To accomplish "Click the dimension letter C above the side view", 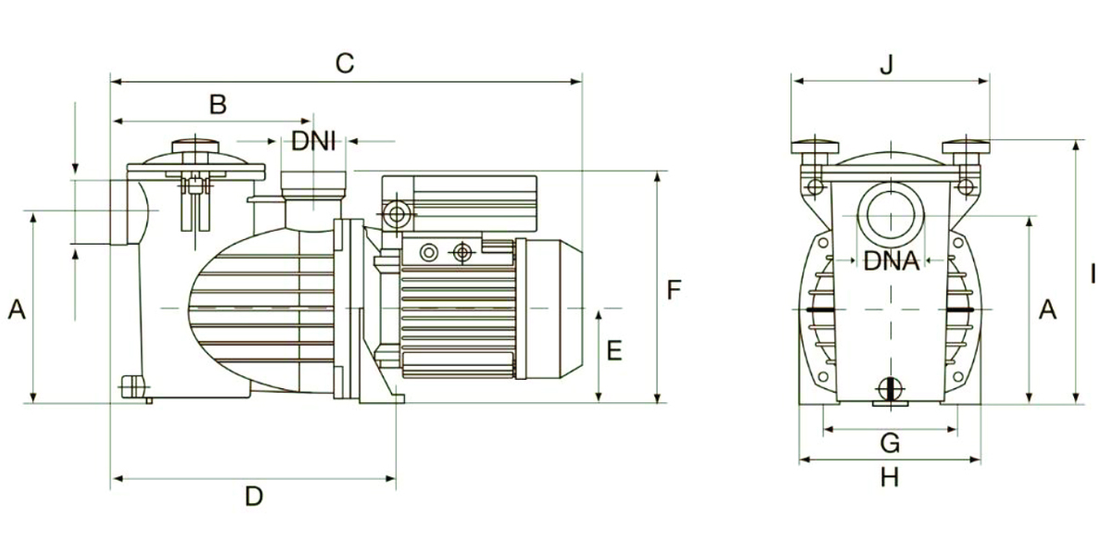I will coord(345,64).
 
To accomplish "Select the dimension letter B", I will coord(217,105).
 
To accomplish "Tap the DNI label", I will coord(313,142).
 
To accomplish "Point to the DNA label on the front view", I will coord(891,261).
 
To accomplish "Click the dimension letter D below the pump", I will coord(254,497).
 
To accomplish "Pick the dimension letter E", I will coord(613,351).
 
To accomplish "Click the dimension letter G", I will coord(890,444).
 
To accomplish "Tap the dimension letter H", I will coord(890,477).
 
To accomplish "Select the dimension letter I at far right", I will coord(1093,274).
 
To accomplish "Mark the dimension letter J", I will coord(888,64).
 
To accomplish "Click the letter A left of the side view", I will coord(16,310).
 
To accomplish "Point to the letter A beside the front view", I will coord(1047,310).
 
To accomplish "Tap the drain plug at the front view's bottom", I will coord(890,390).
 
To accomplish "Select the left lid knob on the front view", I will coord(815,147).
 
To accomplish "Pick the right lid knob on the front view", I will coord(966,147).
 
